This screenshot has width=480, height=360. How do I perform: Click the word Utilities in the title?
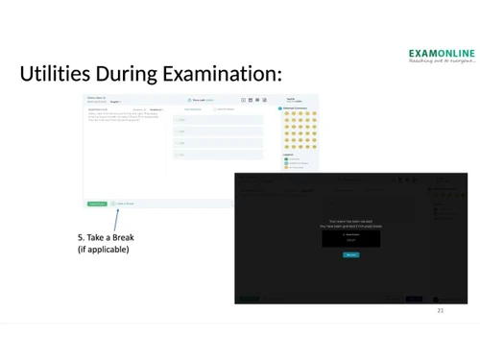56,74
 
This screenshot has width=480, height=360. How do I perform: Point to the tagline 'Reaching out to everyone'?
441,62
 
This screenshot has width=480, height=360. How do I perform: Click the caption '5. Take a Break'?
106,237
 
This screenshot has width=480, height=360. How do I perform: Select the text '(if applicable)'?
103,250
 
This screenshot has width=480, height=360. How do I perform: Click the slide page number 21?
441,312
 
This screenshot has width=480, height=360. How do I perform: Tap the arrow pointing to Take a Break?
115,218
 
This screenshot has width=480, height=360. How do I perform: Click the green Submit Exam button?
97,204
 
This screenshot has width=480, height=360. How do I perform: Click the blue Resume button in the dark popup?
350,254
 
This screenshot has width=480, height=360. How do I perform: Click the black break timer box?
350,237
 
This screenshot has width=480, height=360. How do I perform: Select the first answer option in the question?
218,120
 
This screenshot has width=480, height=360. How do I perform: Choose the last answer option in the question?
218,155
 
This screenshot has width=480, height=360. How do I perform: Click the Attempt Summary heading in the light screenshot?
300,109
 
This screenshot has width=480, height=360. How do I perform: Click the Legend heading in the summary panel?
289,154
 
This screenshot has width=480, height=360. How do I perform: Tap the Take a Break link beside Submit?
124,204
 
